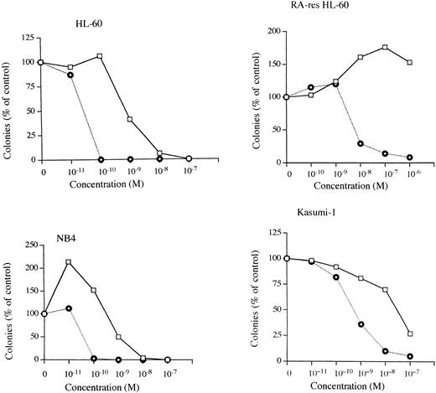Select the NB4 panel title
click(59, 225)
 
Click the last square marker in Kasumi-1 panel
click(410, 334)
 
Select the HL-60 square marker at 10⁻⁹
click(129, 120)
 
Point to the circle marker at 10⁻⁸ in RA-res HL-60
click(361, 143)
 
